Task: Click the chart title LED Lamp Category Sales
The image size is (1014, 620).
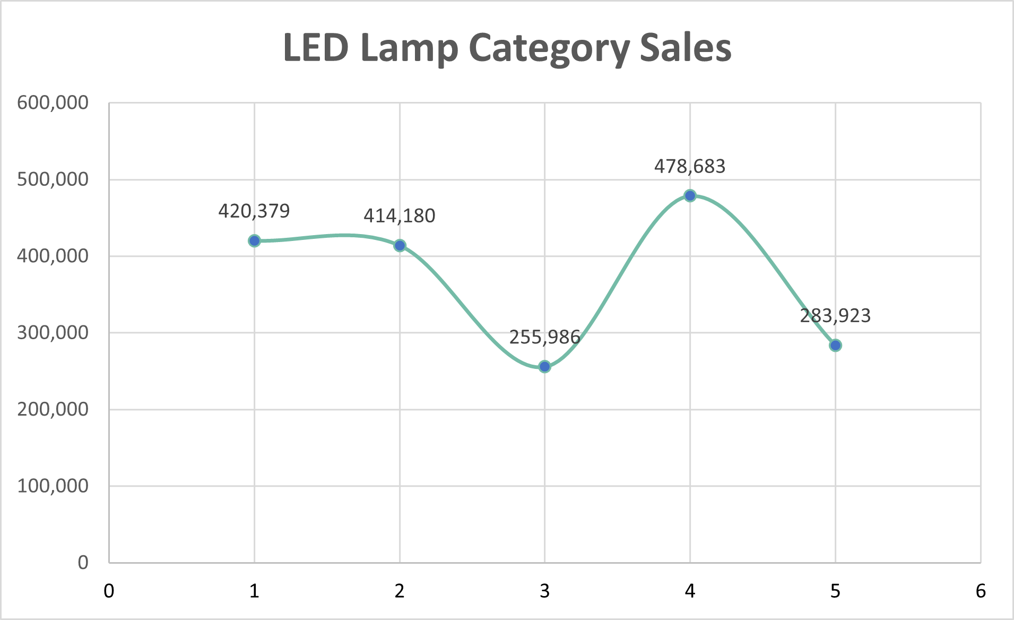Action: click(507, 48)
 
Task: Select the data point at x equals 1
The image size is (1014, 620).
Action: click(254, 241)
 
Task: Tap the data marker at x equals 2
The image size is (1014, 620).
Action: click(400, 245)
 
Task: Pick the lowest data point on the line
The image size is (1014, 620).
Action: click(544, 366)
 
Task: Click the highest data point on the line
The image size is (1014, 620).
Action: click(690, 196)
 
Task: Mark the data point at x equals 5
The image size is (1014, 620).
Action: click(835, 346)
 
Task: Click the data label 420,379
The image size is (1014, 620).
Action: click(254, 211)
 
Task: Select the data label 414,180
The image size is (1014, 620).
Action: click(400, 216)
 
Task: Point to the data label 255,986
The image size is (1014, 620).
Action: click(544, 337)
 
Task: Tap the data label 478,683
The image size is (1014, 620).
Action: click(690, 167)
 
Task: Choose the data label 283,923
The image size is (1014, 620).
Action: click(835, 316)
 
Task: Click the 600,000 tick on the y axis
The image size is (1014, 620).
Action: click(53, 103)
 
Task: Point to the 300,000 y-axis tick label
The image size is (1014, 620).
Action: click(53, 333)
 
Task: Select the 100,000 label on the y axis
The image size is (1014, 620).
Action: click(53, 486)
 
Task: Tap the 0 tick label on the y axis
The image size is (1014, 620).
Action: click(83, 563)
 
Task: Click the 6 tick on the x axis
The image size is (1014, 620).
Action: click(981, 591)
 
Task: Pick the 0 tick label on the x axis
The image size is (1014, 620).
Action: click(109, 591)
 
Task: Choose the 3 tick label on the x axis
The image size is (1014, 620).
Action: click(544, 591)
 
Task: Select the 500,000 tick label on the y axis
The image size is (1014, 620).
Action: click(53, 179)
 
